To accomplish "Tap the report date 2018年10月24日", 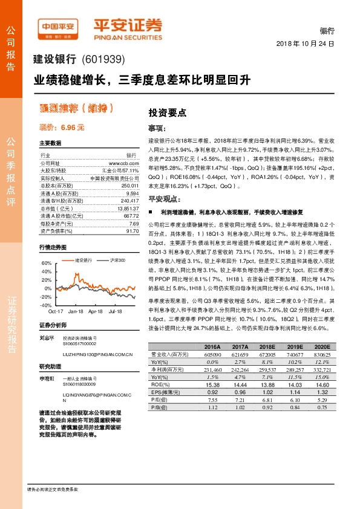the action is point(305,44).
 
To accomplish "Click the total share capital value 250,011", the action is point(122,187).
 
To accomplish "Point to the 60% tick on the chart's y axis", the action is point(47,264).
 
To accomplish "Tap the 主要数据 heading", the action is point(50,143).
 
